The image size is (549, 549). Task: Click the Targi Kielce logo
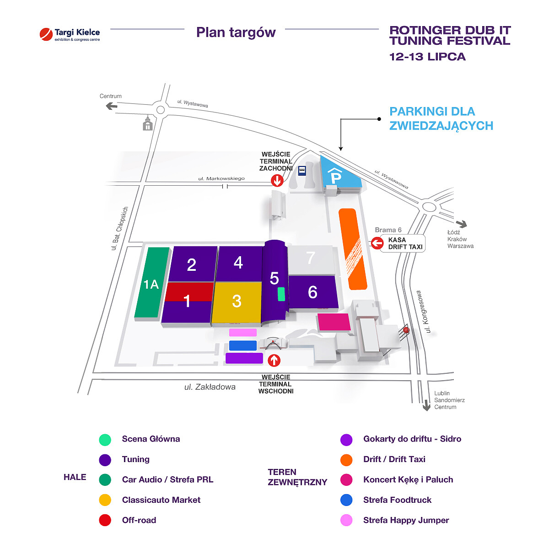coord(70,34)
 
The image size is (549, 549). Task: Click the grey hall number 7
coord(311,258)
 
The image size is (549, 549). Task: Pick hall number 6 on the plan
coord(313,292)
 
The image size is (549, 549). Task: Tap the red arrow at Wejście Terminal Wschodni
coord(274,361)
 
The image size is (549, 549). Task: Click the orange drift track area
coord(353,249)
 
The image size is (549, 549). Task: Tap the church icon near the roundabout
coord(147,123)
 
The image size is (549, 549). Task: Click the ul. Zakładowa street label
coord(210,387)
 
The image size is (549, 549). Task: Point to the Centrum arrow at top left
coord(111,106)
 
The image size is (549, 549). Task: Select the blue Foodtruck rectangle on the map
coord(243,345)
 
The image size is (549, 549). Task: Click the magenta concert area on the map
coord(334,322)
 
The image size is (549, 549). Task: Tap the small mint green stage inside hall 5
coord(281,294)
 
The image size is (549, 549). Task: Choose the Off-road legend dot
coord(105,520)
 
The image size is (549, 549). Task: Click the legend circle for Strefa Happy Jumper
coord(346,520)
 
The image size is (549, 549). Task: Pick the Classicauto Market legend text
coord(161,500)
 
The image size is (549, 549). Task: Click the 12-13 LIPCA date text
coord(427,57)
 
